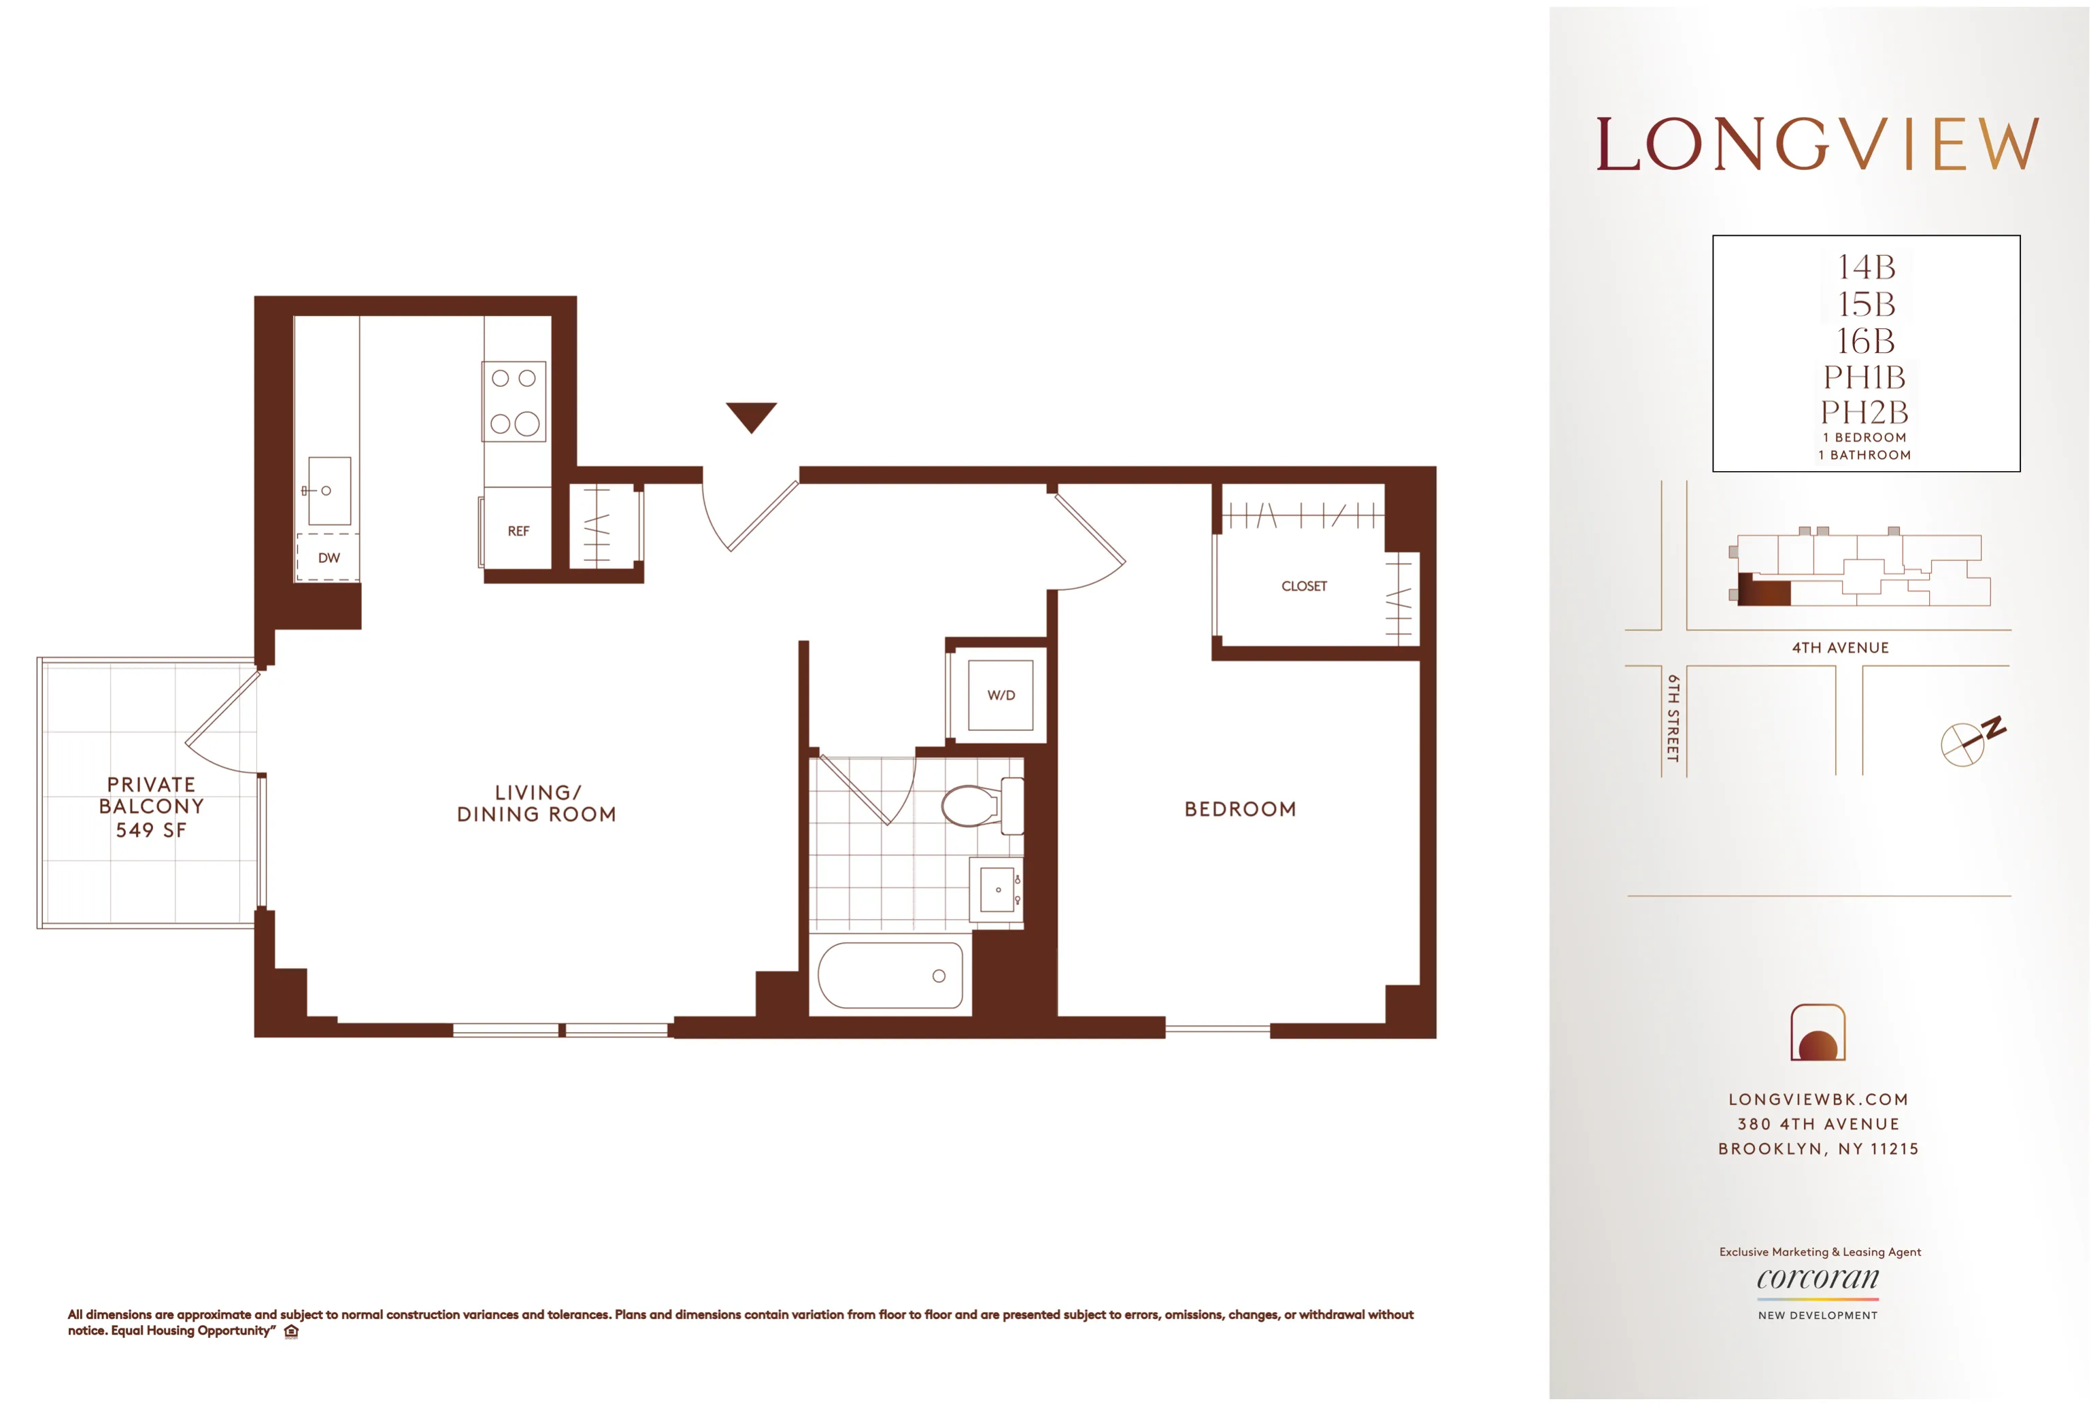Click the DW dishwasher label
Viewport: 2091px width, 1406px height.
tap(329, 558)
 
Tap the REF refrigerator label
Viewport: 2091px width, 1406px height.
tap(518, 531)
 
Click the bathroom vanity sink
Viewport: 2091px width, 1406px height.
tap(997, 889)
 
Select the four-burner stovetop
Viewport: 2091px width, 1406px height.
tap(514, 401)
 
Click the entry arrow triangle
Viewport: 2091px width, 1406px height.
tap(751, 416)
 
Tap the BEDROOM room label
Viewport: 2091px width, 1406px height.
tap(1240, 809)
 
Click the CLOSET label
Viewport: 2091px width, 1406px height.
tap(1303, 587)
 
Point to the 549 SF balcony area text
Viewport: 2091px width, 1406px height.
tap(151, 830)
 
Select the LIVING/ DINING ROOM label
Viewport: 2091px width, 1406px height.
tap(537, 804)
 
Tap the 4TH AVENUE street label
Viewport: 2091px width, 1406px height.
tap(1840, 647)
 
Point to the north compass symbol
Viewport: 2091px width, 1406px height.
tap(1967, 740)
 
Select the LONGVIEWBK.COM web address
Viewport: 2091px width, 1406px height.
tap(1818, 1099)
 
